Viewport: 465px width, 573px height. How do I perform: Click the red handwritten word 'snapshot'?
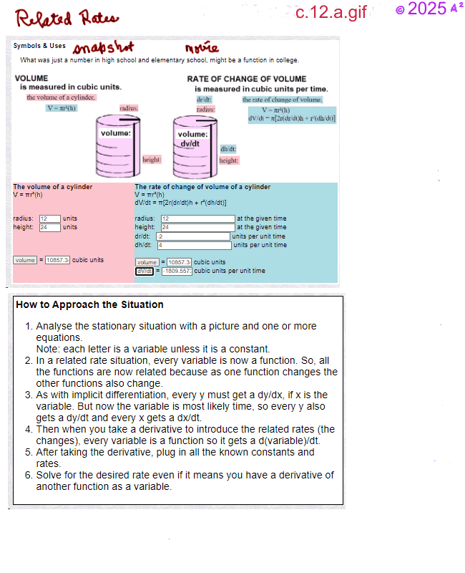pyautogui.click(x=104, y=47)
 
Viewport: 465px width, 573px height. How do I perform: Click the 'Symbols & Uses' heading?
pyautogui.click(x=39, y=46)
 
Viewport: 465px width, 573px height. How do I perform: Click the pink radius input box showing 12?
pyautogui.click(x=49, y=218)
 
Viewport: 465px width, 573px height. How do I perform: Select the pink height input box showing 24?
pyautogui.click(x=49, y=227)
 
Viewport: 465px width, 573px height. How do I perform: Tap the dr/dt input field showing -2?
pyautogui.click(x=192, y=236)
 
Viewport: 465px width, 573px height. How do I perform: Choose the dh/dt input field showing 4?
pyautogui.click(x=192, y=245)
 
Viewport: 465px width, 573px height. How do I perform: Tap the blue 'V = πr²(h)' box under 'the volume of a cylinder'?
pyautogui.click(x=62, y=108)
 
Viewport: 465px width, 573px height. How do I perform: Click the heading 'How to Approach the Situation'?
pyautogui.click(x=89, y=304)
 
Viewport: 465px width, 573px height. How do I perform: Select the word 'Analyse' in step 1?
pyautogui.click(x=54, y=326)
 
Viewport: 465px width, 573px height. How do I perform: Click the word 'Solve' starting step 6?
pyautogui.click(x=49, y=476)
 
